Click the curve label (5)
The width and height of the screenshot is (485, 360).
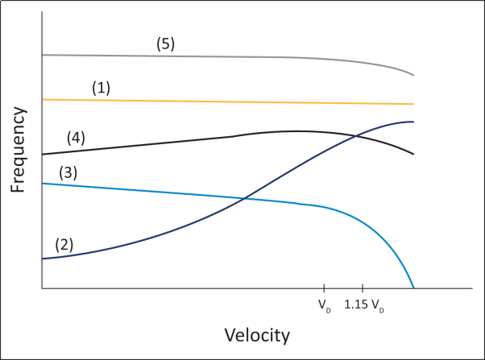[x=165, y=45]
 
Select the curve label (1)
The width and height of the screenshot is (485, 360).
[x=101, y=88]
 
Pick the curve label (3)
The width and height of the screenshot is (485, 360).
[x=68, y=172]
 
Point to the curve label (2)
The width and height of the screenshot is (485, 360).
[x=64, y=244]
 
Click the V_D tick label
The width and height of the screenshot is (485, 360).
[x=324, y=306]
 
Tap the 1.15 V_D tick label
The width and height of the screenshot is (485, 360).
[x=363, y=306]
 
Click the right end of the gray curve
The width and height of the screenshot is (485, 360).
[x=413, y=75]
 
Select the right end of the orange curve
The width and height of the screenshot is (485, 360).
[x=413, y=104]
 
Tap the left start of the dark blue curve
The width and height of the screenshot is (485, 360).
[x=41, y=259]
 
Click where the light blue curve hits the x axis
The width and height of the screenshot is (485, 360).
[x=413, y=288]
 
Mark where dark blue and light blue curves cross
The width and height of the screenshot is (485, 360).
[x=242, y=198]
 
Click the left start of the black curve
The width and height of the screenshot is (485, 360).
[x=41, y=154]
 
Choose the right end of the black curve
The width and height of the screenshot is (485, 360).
[x=413, y=154]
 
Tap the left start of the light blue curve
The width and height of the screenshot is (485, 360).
[x=41, y=184]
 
